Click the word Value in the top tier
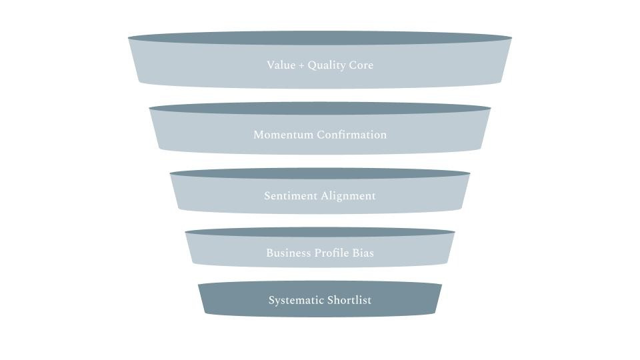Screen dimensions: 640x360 click(280, 65)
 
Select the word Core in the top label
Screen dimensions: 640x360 click(361, 65)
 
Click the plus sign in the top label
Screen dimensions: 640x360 click(300, 65)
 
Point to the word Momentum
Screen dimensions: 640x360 click(283, 135)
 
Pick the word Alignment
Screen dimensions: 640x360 click(348, 196)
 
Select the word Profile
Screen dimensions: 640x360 click(335, 253)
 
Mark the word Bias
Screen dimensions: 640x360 click(365, 253)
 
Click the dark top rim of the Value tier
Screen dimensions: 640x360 click(320, 38)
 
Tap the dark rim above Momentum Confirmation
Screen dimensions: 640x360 click(320, 108)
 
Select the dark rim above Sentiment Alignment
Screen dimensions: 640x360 click(320, 173)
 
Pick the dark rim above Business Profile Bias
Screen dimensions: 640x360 click(320, 232)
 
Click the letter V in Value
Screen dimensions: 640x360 click(271, 65)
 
